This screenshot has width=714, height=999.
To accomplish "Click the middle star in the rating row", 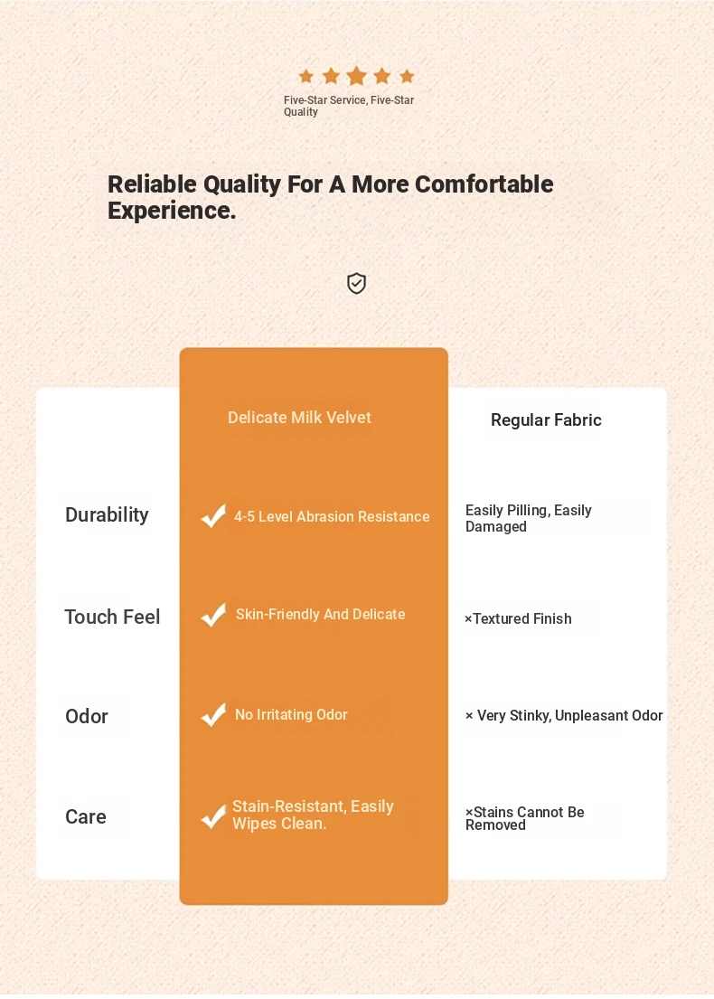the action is [x=357, y=77].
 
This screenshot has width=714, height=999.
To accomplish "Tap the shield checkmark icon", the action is [x=357, y=284].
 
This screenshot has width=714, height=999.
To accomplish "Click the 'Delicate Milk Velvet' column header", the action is [x=299, y=418].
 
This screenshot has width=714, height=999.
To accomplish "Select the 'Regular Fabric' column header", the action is [x=546, y=419].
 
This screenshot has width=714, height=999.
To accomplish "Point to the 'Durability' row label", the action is [x=107, y=514].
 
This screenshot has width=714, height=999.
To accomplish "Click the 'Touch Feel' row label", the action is [x=112, y=617].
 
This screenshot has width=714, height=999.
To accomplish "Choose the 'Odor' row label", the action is [x=87, y=716].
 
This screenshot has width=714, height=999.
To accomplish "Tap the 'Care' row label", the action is [x=85, y=816].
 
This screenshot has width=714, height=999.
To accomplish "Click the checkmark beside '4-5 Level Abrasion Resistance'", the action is [x=213, y=516].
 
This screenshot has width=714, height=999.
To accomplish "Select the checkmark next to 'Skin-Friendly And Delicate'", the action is [x=213, y=615].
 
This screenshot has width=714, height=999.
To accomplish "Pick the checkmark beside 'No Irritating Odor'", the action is [x=213, y=715].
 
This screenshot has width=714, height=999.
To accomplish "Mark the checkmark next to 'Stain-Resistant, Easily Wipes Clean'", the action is [x=213, y=816].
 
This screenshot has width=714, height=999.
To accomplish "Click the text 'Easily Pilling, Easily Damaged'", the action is [x=529, y=519].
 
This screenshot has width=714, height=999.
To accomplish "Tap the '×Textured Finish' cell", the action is [x=518, y=618].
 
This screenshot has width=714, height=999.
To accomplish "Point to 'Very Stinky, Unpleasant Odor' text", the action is [x=570, y=715].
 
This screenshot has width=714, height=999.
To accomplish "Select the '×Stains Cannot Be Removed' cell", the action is [x=525, y=819].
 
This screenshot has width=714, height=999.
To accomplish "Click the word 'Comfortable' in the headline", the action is [x=484, y=184].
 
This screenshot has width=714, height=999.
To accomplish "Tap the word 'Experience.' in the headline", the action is [x=172, y=211].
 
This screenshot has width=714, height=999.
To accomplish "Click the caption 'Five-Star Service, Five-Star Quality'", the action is [x=349, y=106].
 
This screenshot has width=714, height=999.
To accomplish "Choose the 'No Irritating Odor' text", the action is [x=291, y=715].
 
